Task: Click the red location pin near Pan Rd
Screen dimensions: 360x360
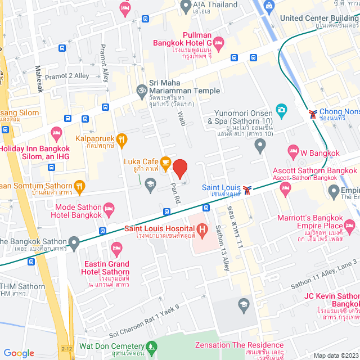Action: pyautogui.click(x=179, y=168)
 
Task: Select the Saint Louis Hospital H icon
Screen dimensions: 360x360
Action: pyautogui.click(x=201, y=228)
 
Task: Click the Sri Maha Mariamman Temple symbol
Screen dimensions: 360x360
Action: pyautogui.click(x=141, y=89)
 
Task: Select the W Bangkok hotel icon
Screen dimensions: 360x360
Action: pyautogui.click(x=292, y=150)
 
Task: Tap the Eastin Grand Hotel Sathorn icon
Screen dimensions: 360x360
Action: pyautogui.click(x=116, y=247)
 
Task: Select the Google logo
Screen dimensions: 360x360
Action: pyautogui.click(x=19, y=353)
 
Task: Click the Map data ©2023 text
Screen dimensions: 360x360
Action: pyautogui.click(x=335, y=355)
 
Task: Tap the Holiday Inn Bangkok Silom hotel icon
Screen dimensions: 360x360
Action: pyautogui.click(x=56, y=134)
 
